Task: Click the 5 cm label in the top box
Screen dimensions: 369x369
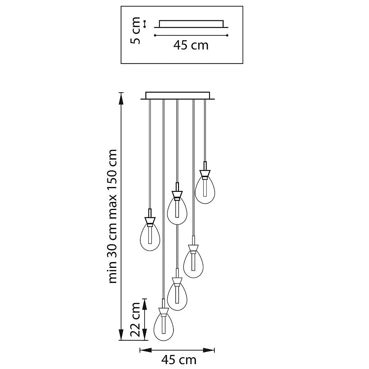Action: [x=136, y=30]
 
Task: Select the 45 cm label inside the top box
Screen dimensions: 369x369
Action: [x=191, y=45]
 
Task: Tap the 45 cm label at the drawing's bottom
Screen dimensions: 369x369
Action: [x=179, y=359]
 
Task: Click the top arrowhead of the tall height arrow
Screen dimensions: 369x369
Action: [x=121, y=96]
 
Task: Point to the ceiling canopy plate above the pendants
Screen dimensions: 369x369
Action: [x=177, y=96]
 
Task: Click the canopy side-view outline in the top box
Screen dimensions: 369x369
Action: [x=191, y=24]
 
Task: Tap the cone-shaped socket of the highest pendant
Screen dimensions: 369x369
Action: [x=206, y=173]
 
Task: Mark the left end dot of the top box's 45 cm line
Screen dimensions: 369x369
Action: [x=155, y=35]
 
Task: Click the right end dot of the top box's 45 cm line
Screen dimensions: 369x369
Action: [x=228, y=35]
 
